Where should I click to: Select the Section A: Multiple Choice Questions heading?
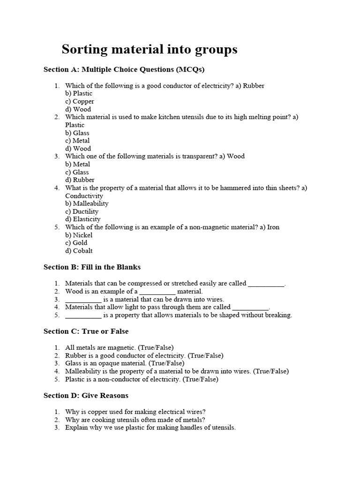[124, 69]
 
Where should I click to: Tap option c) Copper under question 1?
[80, 101]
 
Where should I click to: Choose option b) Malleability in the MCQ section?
[87, 203]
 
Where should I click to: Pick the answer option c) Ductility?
[82, 211]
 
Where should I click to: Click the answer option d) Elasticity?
[83, 219]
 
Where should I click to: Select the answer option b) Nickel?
[79, 235]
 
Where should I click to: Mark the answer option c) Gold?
[76, 243]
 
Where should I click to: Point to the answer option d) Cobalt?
[79, 251]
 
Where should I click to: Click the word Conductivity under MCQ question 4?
[84, 195]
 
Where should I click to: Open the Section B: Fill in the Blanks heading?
[92, 267]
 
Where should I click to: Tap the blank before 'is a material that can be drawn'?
[83, 300]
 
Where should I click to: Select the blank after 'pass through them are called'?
[251, 307]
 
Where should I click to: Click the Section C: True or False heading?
[86, 331]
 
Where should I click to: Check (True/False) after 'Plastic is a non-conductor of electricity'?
[200, 379]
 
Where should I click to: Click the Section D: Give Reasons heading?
[86, 396]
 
